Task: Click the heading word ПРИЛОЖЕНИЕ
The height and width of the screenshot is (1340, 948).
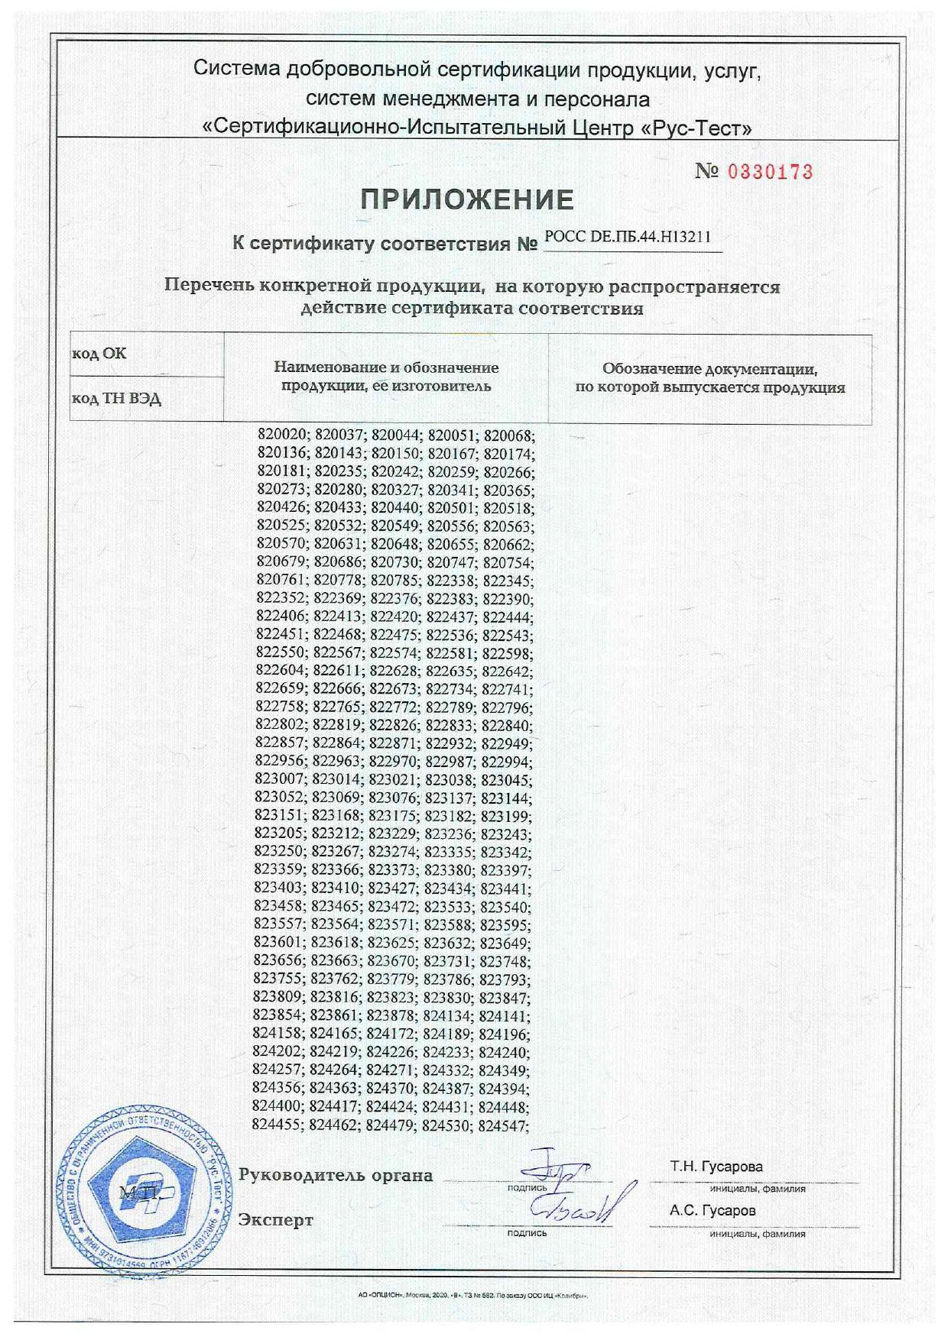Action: click(x=467, y=200)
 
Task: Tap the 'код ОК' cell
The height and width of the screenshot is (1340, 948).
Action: click(x=99, y=354)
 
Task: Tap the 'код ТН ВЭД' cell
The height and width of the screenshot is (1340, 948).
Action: click(x=116, y=399)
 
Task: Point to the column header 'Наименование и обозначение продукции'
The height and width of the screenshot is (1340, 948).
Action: click(x=386, y=377)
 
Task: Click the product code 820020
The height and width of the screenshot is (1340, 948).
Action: click(x=282, y=436)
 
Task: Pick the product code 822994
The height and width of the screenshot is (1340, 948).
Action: click(x=506, y=762)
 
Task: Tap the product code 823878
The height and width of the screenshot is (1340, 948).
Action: click(x=391, y=1016)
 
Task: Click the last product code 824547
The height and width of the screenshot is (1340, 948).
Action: click(x=503, y=1125)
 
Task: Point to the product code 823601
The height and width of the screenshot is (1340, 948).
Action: click(x=279, y=944)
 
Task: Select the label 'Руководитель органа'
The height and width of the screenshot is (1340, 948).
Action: click(x=336, y=1175)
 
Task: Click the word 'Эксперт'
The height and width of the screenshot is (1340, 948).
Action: click(x=276, y=1219)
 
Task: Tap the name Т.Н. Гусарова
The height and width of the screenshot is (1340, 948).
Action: click(x=716, y=1167)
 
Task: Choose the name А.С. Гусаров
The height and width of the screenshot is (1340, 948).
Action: click(x=713, y=1210)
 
